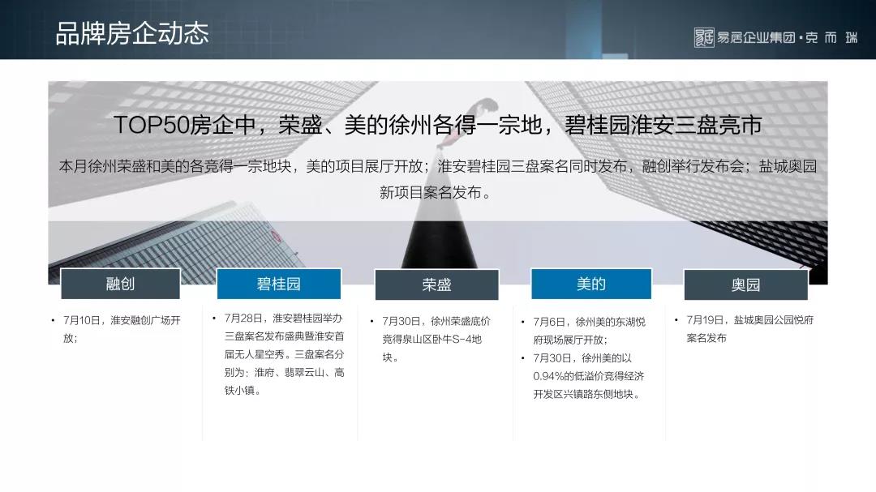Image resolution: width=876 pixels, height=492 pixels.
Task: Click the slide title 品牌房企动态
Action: click(132, 33)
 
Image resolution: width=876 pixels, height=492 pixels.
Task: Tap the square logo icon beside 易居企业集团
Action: click(704, 37)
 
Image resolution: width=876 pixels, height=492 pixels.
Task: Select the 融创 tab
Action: click(120, 284)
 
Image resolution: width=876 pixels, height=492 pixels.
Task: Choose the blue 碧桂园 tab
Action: click(278, 284)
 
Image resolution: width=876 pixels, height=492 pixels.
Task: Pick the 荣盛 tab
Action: click(436, 285)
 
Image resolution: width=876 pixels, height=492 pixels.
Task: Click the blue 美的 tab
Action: click(591, 284)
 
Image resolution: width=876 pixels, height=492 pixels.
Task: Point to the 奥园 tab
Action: click(746, 285)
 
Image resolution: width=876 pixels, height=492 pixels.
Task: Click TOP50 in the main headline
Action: click(151, 125)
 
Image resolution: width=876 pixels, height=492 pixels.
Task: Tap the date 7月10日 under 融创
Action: click(82, 320)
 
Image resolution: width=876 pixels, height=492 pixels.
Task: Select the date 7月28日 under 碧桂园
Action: click(243, 318)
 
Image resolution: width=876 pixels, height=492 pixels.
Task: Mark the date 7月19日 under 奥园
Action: click(705, 319)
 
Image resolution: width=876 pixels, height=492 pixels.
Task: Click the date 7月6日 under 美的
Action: click(549, 322)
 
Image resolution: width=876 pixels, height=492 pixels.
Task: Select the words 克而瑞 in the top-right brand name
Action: click(831, 37)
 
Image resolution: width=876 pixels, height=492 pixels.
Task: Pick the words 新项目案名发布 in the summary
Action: click(430, 193)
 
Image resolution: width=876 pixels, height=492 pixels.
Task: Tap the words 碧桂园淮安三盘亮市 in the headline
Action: click(663, 125)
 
